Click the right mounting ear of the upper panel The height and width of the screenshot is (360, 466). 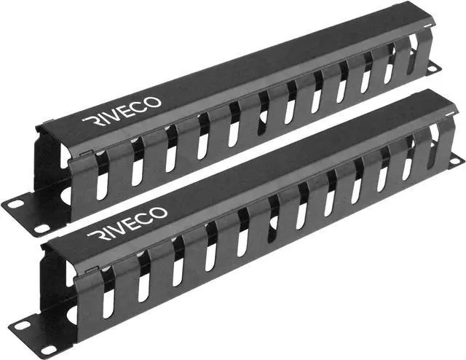click(432, 66)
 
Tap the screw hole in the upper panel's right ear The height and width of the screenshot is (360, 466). click(432, 68)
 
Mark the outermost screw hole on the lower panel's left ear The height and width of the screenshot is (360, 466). click(23, 325)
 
